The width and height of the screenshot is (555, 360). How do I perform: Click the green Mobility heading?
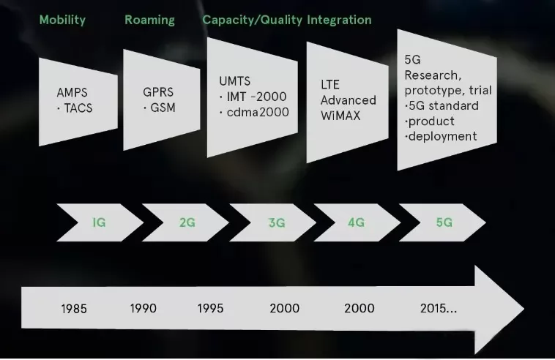62,20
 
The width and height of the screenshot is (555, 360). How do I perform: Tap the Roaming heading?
149,20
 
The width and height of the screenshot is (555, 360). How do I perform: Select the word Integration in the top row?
339,20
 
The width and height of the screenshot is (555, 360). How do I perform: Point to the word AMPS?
72,92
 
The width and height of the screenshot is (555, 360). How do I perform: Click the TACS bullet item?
75,108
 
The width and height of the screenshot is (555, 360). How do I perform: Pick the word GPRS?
158,92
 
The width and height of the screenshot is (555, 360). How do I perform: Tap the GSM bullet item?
160,108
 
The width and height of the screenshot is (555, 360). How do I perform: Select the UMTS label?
235,81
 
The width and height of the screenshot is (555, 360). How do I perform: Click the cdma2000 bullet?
254,112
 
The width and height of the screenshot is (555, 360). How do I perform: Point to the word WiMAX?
340,116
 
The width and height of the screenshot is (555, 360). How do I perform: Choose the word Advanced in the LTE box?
349,100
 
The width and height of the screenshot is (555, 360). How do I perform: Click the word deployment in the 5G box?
441,136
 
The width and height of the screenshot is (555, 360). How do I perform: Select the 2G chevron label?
187,222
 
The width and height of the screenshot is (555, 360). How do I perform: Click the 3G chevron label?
277,222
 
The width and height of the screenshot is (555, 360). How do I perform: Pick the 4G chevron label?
356,222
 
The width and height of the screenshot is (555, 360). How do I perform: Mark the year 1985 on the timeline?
74,309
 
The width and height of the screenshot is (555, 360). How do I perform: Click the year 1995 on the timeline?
210,308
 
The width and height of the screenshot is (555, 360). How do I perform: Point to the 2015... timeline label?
439,308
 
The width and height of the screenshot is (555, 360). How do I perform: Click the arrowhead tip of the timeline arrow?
524,309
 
